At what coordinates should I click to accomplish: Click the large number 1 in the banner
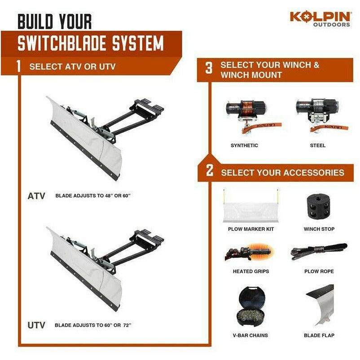coord(18,66)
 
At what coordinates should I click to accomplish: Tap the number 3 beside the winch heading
coord(209,68)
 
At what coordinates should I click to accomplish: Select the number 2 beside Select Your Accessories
coord(209,172)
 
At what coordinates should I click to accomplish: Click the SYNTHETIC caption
coord(244,145)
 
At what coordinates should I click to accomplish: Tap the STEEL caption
coord(317,145)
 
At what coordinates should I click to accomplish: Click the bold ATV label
coord(36,196)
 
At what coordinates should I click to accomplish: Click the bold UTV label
coord(36,325)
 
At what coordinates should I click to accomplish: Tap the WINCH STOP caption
coord(318,229)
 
